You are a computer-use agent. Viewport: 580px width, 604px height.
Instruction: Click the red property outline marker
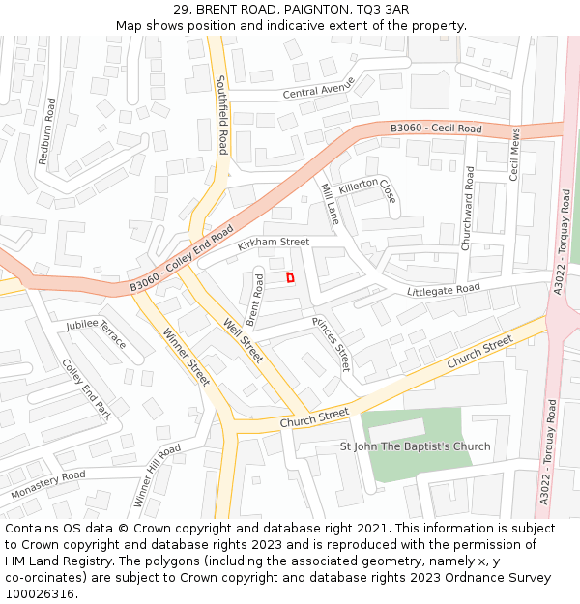click(x=290, y=277)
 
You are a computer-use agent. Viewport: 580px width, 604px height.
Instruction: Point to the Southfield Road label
click(x=221, y=115)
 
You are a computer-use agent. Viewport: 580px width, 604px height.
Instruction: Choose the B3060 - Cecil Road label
click(x=436, y=129)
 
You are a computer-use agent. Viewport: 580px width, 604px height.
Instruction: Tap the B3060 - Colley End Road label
click(x=182, y=259)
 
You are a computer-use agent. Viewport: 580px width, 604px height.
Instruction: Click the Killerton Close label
click(x=368, y=189)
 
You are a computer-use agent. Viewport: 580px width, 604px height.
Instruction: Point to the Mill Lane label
click(x=330, y=204)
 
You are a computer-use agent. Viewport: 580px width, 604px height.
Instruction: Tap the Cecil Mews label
click(x=515, y=155)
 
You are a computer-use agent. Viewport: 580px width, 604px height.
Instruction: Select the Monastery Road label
click(x=48, y=485)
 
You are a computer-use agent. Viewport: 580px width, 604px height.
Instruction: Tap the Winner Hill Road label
click(x=158, y=475)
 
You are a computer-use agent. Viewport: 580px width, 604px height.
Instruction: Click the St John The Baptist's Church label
click(x=415, y=446)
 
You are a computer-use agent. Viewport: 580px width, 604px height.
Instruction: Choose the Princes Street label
click(x=331, y=344)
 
